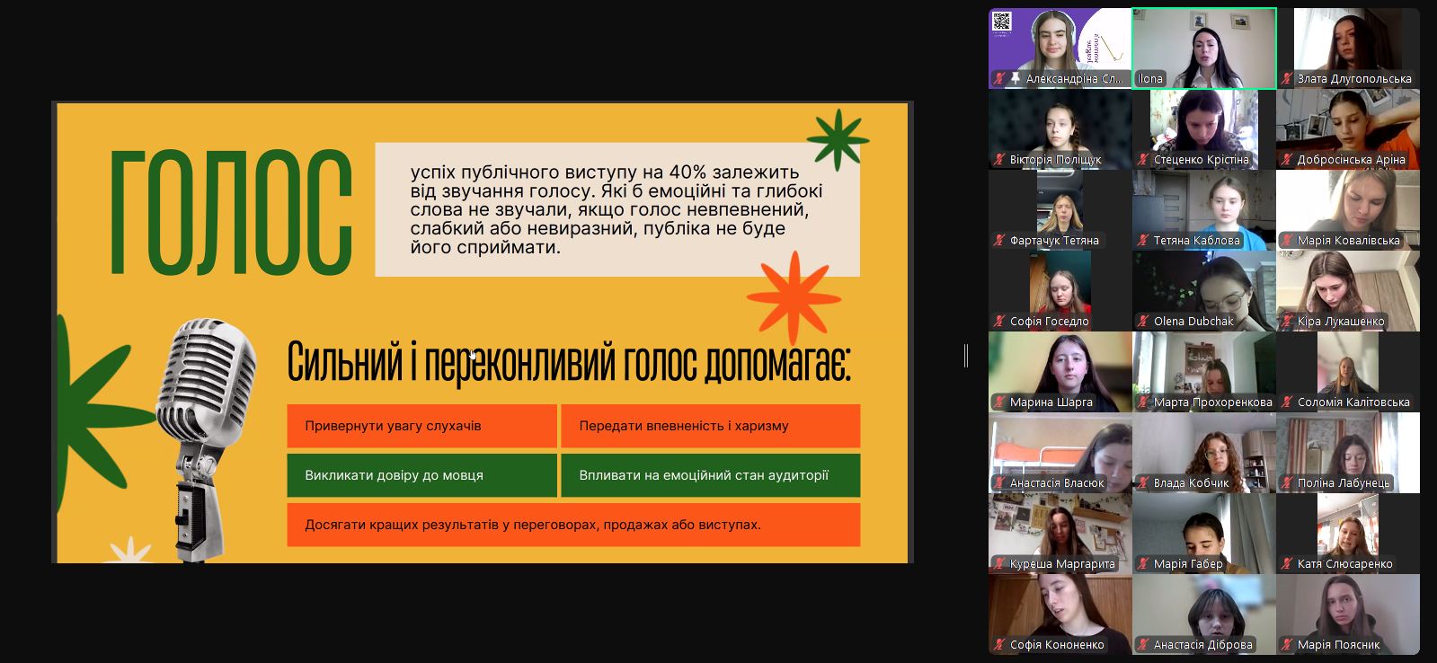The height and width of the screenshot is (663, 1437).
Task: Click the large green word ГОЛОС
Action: click(x=231, y=212)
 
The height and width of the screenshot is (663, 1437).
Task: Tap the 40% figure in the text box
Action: click(x=687, y=172)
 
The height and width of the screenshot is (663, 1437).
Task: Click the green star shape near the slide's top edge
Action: click(x=838, y=139)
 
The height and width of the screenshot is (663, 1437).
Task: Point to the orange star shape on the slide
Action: click(x=794, y=296)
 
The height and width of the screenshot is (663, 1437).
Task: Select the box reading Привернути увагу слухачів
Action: click(x=421, y=426)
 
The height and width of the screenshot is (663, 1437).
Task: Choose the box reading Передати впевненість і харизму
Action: click(x=710, y=426)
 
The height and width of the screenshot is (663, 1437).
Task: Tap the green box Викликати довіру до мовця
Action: click(x=421, y=475)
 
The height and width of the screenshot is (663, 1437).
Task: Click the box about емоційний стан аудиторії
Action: click(x=710, y=475)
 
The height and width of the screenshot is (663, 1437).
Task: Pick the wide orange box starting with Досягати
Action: click(x=573, y=525)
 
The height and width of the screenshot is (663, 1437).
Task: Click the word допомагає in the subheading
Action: click(x=777, y=363)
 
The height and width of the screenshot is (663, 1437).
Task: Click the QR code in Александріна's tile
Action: click(x=1001, y=22)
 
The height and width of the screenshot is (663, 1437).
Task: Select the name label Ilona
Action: click(x=1149, y=79)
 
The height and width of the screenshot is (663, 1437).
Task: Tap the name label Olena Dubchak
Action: click(x=1193, y=322)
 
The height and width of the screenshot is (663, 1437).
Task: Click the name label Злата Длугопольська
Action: click(x=1354, y=79)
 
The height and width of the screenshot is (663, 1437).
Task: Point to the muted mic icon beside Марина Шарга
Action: click(x=998, y=402)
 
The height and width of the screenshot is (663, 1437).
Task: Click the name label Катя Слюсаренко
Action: click(x=1344, y=563)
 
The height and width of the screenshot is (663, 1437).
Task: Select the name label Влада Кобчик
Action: click(x=1192, y=482)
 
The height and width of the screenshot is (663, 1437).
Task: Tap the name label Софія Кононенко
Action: click(x=1057, y=644)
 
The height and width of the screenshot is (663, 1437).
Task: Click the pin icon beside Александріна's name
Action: click(x=1015, y=79)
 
